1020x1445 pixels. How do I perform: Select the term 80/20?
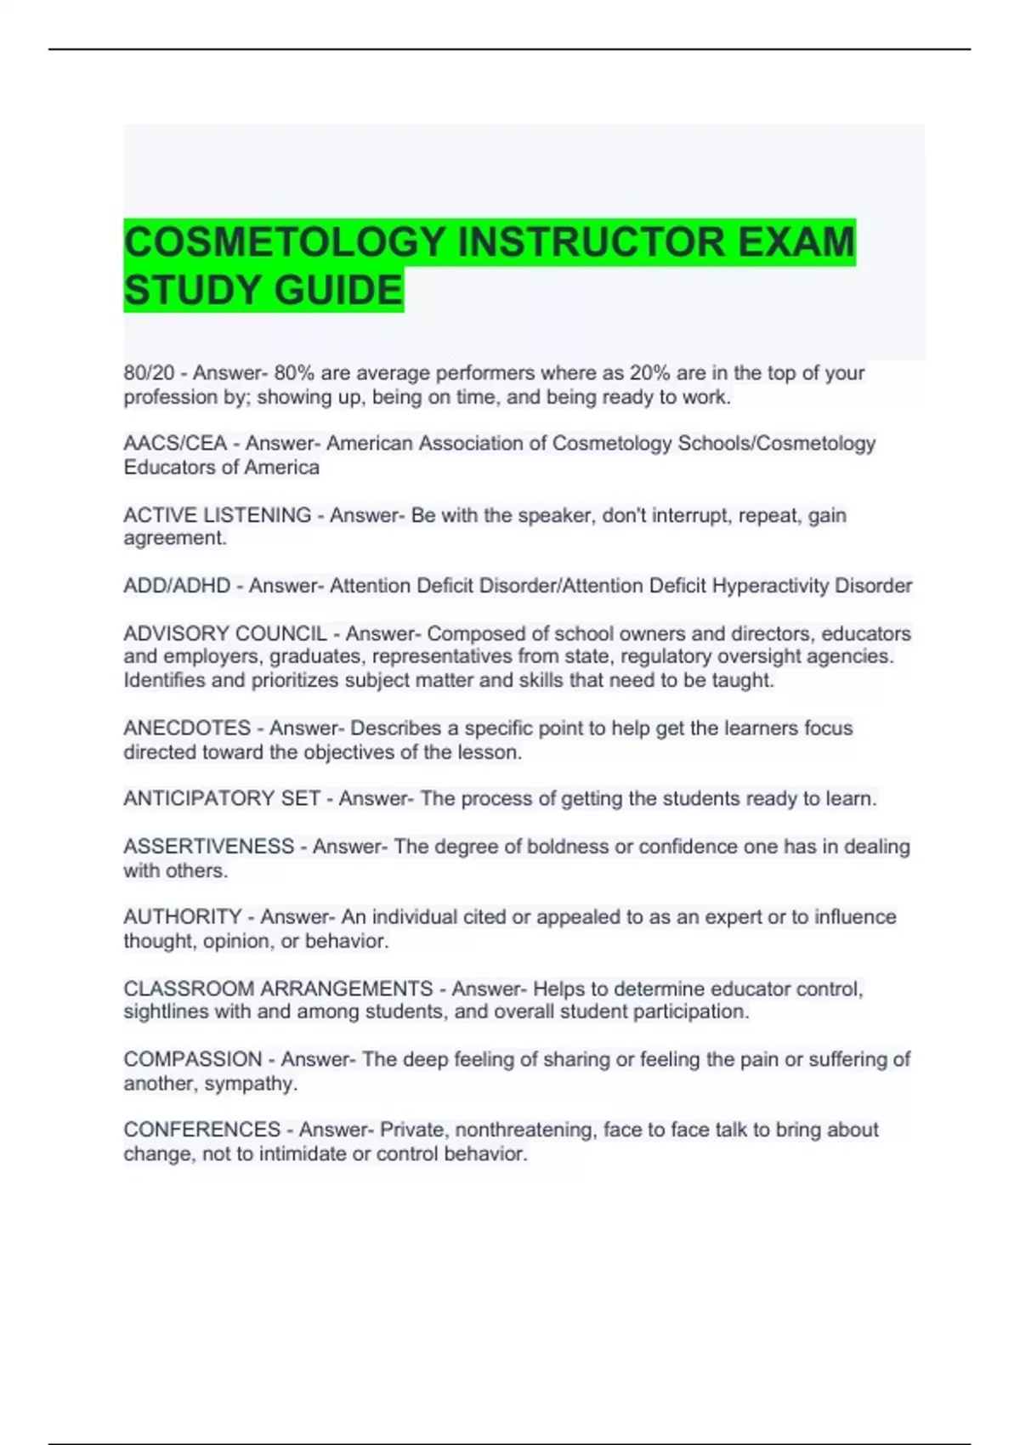[x=149, y=373]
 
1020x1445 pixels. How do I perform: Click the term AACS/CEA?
[x=175, y=444]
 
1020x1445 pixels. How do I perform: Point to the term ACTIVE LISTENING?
[x=217, y=515]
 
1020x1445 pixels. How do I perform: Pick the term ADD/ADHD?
[x=177, y=586]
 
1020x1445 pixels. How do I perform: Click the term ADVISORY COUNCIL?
[x=225, y=634]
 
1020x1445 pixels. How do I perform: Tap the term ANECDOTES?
[x=187, y=728]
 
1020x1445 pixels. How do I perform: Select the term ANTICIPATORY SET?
[x=222, y=799]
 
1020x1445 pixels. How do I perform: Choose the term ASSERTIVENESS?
[x=208, y=847]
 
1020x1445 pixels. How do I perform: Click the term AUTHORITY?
[x=183, y=917]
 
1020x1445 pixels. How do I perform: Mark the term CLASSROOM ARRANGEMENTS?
[x=278, y=989]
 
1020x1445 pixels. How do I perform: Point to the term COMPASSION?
[x=193, y=1059]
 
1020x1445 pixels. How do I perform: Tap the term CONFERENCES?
[x=201, y=1130]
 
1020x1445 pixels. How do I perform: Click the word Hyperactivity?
[x=770, y=586]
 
